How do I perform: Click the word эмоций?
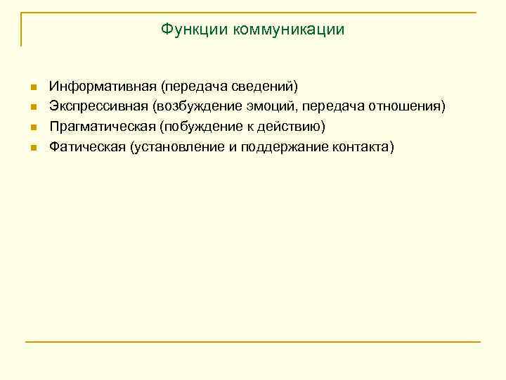click(x=278, y=106)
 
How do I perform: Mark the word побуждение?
click(x=200, y=127)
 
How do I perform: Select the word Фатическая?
click(x=86, y=147)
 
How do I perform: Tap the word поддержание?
click(x=281, y=147)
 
